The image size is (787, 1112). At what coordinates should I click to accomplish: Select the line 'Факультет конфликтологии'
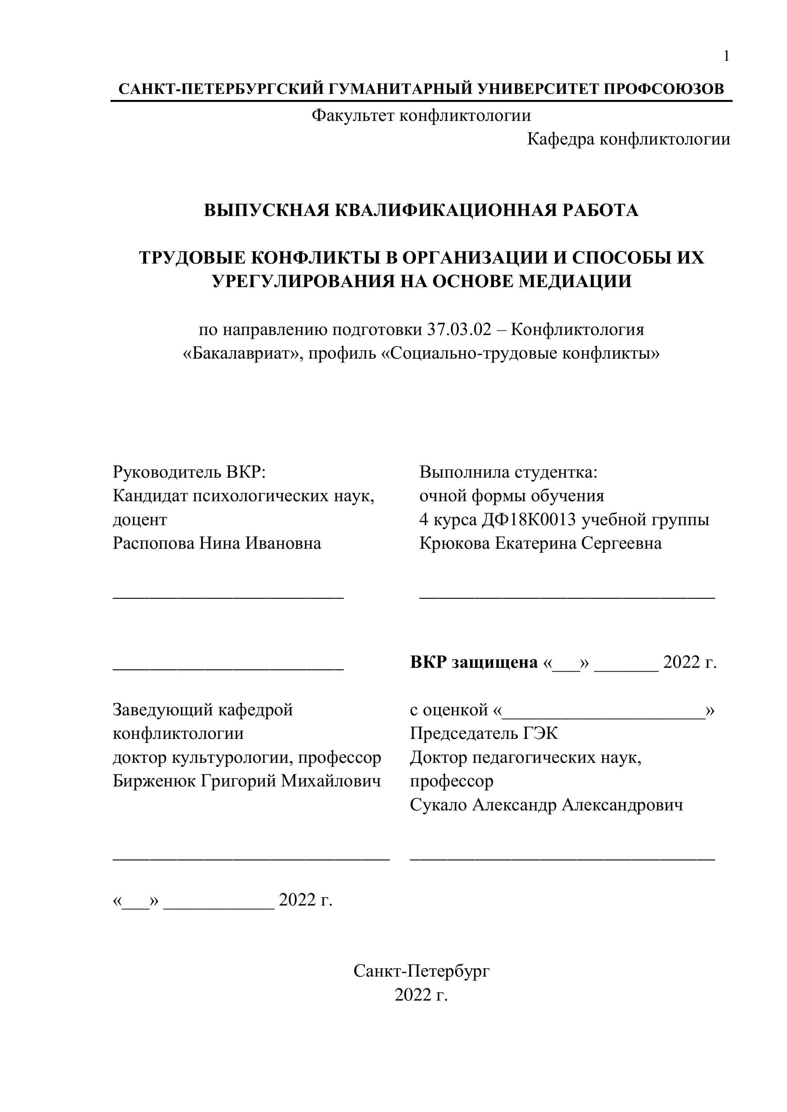[x=421, y=115]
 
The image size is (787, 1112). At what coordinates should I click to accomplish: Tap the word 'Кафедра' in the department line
[x=561, y=140]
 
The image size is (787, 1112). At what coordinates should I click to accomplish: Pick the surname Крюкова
[x=454, y=543]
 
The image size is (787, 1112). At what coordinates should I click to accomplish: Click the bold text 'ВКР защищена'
[x=473, y=662]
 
